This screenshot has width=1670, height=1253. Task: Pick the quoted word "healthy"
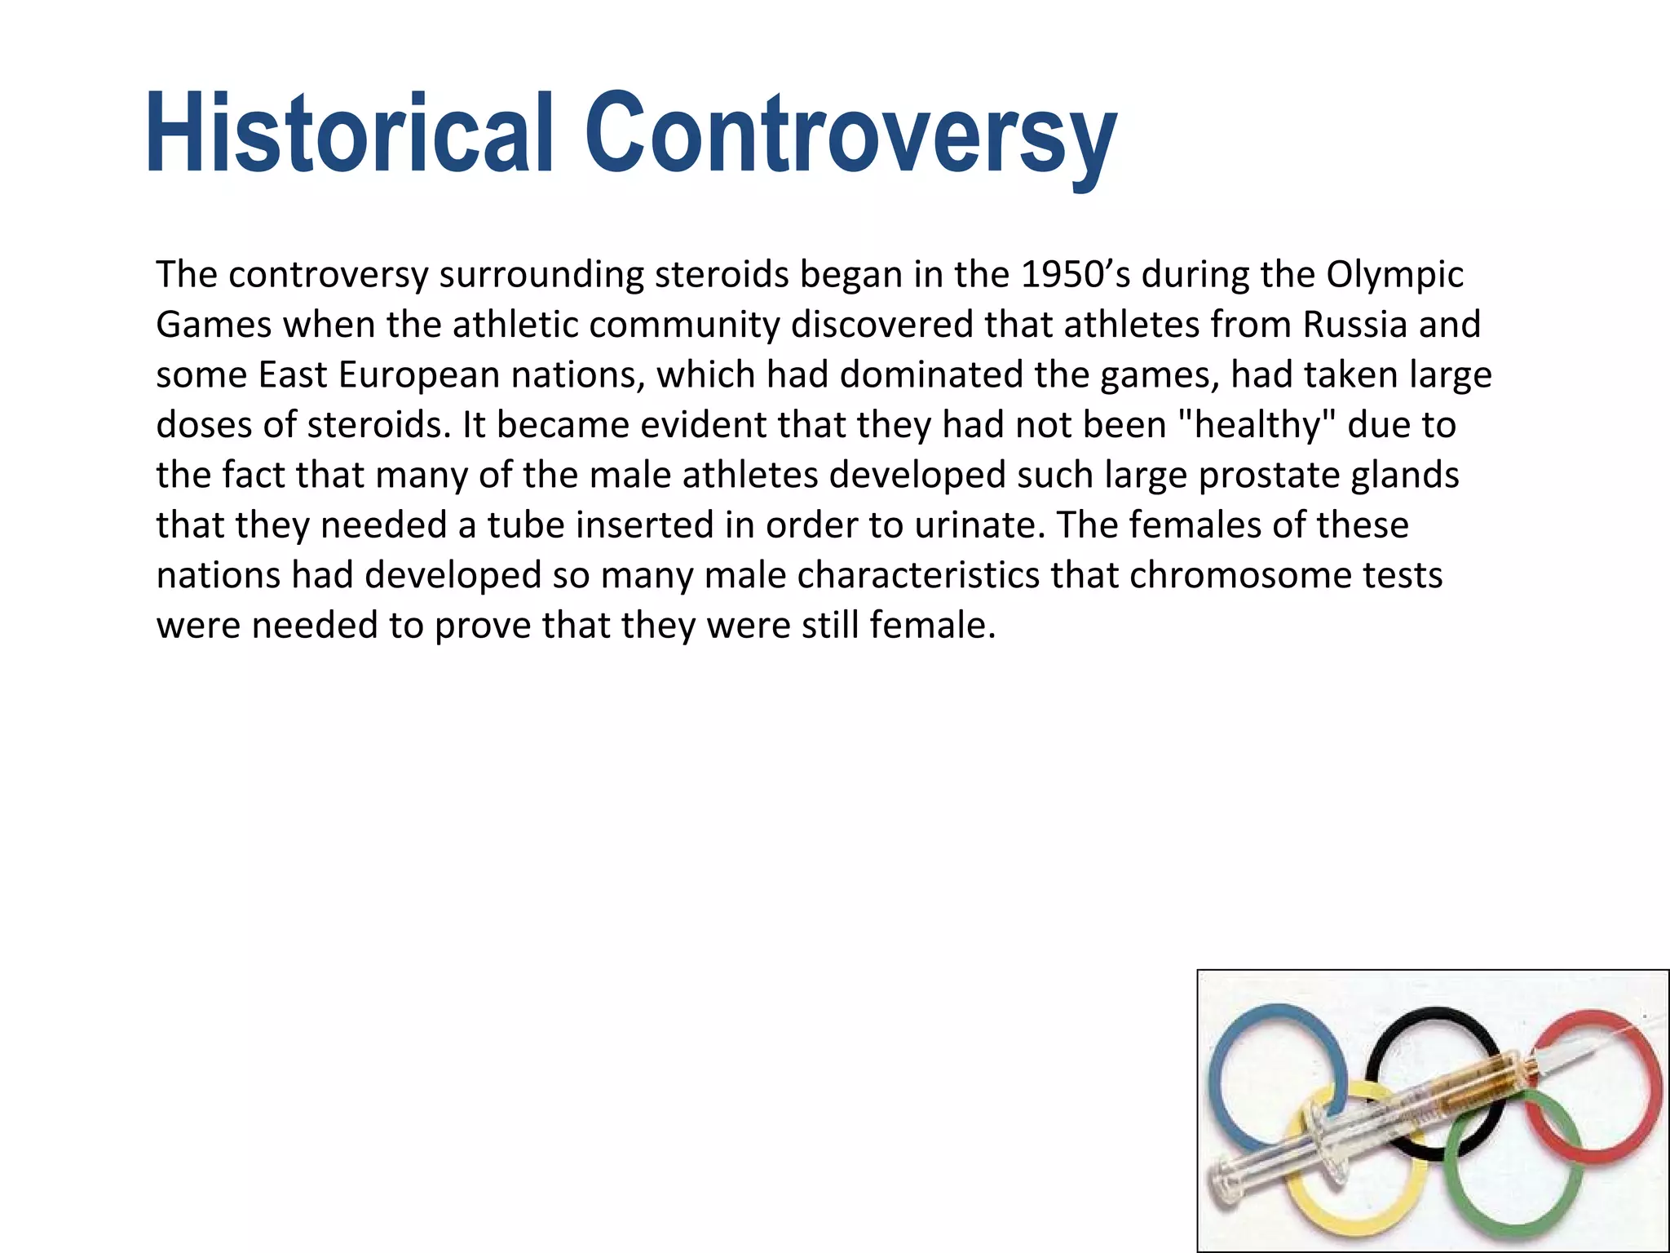click(x=1258, y=426)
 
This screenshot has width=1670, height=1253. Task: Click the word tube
click(x=526, y=525)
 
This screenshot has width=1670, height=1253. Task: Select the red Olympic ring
click(x=1651, y=1085)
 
